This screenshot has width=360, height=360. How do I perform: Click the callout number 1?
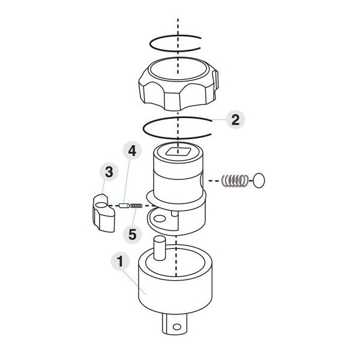121,261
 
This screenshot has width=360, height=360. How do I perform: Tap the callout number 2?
235,119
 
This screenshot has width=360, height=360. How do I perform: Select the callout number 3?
109,172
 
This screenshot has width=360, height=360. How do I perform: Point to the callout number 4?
132,151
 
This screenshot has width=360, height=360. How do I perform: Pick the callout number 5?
133,235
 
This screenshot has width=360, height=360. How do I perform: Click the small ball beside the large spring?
259,181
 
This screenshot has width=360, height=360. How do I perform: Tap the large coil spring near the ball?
235,181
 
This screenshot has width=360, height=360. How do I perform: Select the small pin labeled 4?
124,205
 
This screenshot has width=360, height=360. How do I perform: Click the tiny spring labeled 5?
136,206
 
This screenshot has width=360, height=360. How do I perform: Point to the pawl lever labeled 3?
104,212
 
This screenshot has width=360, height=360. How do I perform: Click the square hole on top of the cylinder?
178,152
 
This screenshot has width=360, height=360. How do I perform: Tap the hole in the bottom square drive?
177,326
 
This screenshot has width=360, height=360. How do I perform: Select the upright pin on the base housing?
160,248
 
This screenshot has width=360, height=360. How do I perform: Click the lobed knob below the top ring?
178,84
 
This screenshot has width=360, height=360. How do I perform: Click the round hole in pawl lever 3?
101,205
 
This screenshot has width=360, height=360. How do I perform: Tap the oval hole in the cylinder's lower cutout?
160,218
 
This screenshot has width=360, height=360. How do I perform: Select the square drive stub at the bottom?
175,324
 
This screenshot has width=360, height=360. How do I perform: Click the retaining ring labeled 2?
143,128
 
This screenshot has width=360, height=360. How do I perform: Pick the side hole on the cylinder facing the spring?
202,180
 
